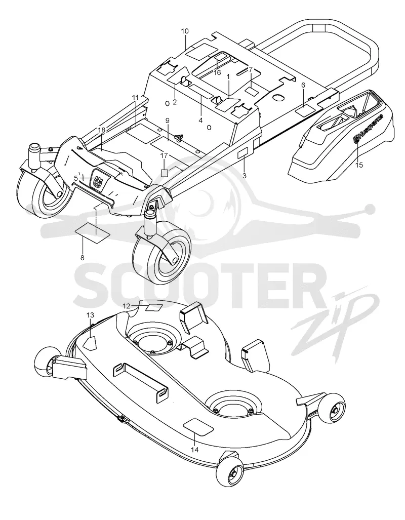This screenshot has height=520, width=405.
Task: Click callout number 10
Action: point(185,31)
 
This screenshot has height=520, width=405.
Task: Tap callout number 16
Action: point(217,72)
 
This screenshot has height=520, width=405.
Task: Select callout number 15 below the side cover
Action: point(359,165)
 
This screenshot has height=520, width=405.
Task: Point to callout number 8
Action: point(82,257)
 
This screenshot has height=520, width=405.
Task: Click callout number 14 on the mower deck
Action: point(195,450)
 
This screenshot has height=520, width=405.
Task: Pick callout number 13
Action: point(91,315)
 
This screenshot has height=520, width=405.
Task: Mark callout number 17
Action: point(164,155)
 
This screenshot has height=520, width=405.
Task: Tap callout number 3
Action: point(245,176)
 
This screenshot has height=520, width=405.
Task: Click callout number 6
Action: point(303,85)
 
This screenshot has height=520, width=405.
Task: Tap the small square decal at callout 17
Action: point(164,173)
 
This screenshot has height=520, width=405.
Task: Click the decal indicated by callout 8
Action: point(93,230)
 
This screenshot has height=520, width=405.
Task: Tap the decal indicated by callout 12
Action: point(154,307)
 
